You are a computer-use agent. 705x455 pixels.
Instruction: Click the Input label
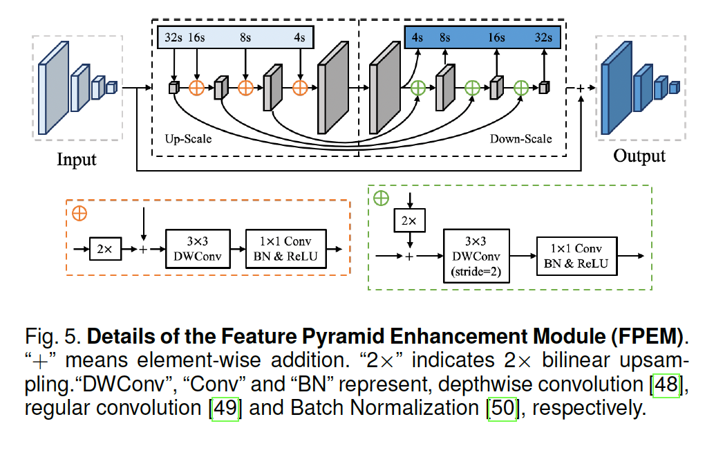pos(76,159)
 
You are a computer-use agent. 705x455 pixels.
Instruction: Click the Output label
pos(639,156)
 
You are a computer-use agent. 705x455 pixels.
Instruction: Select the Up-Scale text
pos(188,139)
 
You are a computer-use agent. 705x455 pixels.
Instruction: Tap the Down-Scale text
pos(520,139)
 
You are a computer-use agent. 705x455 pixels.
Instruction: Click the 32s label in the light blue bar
pos(173,37)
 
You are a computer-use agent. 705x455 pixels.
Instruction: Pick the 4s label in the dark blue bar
pos(417,37)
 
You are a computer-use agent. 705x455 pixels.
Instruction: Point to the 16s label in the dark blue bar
pos(496,37)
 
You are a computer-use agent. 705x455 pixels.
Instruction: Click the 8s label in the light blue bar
pos(245,37)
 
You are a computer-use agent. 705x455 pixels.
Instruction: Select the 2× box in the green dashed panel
pos(410,221)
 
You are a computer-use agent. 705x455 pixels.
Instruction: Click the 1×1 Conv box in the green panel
pos(576,256)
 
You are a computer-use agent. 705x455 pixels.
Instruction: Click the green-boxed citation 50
pos(502,408)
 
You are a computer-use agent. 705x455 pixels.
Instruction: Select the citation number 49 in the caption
pos(224,408)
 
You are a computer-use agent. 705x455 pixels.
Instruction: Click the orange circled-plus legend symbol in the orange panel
pos(79,213)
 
